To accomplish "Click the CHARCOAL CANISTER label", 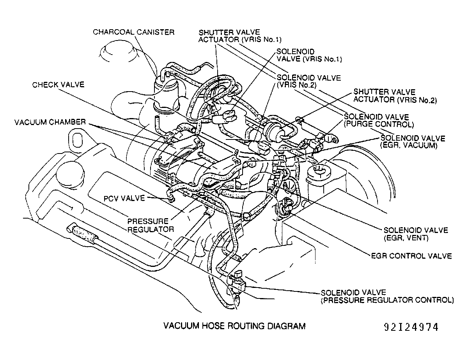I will point(133,32).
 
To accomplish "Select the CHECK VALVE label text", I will point(58,85).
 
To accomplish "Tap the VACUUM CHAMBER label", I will point(50,122).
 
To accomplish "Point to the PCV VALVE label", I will point(121,198).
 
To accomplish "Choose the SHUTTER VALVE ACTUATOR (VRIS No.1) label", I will point(239,35).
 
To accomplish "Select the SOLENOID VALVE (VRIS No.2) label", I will point(308,81).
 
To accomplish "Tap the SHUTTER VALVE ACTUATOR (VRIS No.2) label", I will point(395,96).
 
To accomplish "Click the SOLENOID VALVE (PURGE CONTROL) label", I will point(378,121).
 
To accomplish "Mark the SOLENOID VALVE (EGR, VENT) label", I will point(416,234).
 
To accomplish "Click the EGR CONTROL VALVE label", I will point(411,256).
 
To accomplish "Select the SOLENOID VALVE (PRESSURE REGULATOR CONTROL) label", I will point(387,296).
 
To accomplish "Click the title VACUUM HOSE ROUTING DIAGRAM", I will point(234,326).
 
